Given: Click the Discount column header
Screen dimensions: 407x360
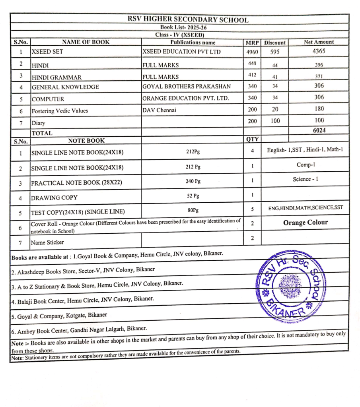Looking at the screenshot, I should click(275, 43).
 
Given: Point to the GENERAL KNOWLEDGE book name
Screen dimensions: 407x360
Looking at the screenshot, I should click(65, 87).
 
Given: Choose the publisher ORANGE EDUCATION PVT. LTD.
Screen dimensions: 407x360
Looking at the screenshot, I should click(185, 98).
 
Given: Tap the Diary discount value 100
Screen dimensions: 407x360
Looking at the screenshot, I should click(275, 121).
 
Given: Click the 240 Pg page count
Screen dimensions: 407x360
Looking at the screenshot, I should click(193, 181).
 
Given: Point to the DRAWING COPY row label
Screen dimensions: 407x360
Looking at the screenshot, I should click(54, 198).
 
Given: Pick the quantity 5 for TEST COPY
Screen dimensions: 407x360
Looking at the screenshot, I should click(252, 209).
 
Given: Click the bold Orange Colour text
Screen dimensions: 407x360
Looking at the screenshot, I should click(306, 223).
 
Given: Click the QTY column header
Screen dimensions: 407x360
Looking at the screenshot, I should click(253, 139).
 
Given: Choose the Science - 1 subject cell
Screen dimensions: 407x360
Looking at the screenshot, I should click(305, 179).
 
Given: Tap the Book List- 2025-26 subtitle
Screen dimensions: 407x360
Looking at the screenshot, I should click(183, 27).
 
